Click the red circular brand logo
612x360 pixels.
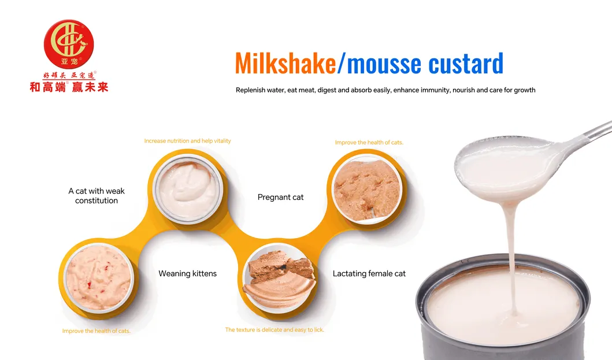69,44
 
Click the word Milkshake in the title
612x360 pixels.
285,64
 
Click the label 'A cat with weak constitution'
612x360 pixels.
97,196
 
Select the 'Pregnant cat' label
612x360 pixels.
280,198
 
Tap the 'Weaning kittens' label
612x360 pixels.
187,273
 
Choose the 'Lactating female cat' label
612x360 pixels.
369,273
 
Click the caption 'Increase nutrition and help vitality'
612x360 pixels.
187,141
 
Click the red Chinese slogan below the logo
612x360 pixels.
69,87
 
